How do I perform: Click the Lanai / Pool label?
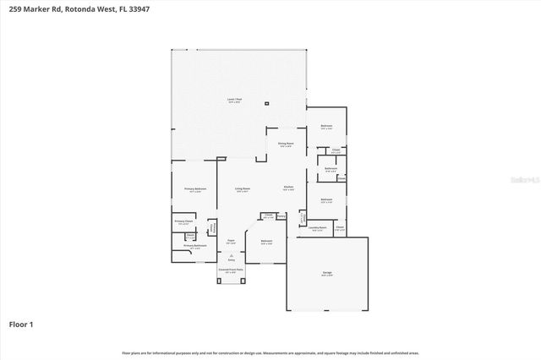(x=234, y=101)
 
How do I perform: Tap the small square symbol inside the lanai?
(x=267, y=104)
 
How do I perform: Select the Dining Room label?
(x=286, y=144)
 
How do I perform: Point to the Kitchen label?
(x=288, y=187)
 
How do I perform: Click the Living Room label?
(x=242, y=188)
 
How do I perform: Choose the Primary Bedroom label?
(x=195, y=189)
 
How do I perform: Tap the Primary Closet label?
(x=183, y=222)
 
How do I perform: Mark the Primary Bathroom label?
(x=195, y=246)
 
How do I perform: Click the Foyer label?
(x=230, y=241)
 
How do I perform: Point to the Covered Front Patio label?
(x=231, y=270)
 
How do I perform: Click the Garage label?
(x=326, y=273)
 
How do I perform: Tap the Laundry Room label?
(x=317, y=227)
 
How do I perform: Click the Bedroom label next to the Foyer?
(x=267, y=242)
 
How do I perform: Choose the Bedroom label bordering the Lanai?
(x=326, y=126)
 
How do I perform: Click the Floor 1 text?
(x=21, y=324)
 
